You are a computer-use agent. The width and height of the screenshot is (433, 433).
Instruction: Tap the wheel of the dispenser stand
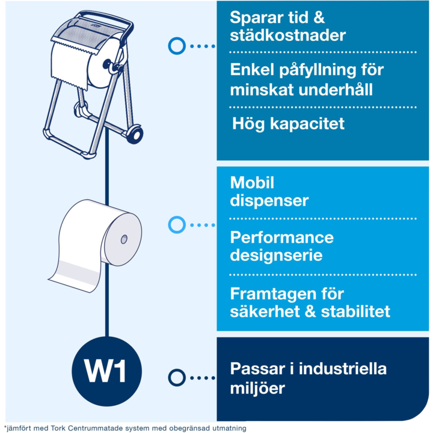click(x=135, y=134)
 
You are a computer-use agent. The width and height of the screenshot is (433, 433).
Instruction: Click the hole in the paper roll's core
click(x=124, y=239)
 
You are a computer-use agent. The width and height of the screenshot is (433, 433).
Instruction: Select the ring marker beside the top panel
click(x=177, y=46)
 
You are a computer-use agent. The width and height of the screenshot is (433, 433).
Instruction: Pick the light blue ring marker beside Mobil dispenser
click(x=177, y=225)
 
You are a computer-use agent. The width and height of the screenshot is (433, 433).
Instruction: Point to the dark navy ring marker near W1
click(x=177, y=378)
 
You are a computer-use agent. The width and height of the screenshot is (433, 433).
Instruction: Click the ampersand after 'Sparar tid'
click(x=319, y=17)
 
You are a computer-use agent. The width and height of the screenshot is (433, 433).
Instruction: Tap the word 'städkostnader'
click(x=287, y=35)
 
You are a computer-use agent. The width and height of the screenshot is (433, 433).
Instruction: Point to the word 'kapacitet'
click(x=307, y=124)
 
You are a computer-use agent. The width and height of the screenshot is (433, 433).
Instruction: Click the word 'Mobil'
click(x=252, y=183)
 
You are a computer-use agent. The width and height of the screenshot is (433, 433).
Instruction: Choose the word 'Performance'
click(x=281, y=238)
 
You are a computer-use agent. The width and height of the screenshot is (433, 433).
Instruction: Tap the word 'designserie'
click(x=276, y=256)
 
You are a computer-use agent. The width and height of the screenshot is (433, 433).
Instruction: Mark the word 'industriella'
click(x=343, y=369)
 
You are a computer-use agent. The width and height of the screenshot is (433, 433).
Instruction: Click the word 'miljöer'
click(x=257, y=388)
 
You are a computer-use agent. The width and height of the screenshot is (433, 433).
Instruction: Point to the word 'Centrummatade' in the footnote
click(x=95, y=428)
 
